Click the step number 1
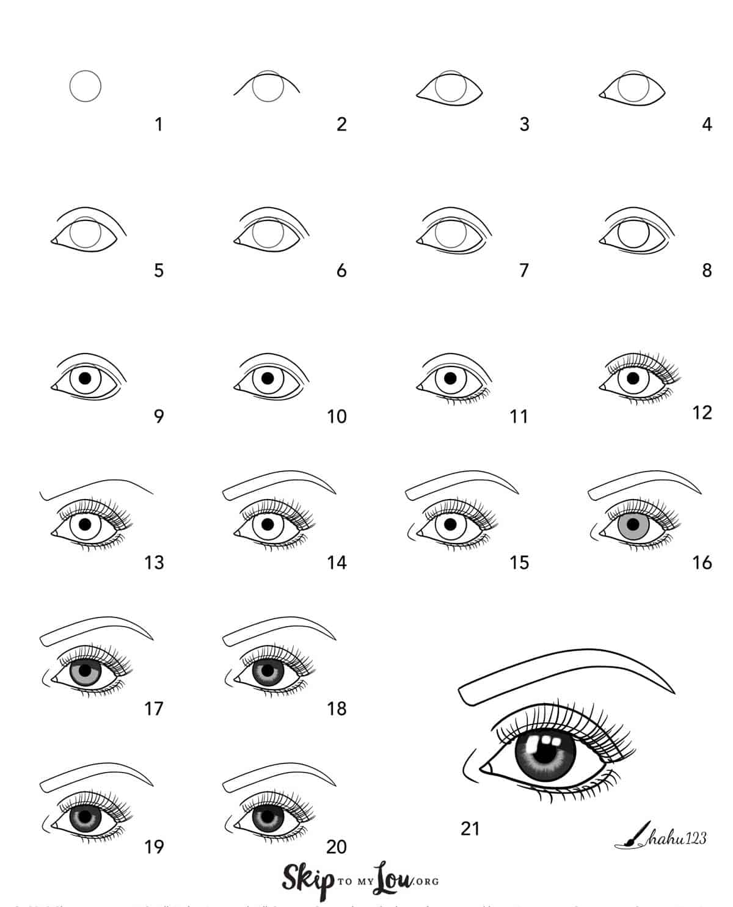pos(159,125)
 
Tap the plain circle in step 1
pos(86,86)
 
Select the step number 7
pos(524,271)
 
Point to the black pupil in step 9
pos(86,379)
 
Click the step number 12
pos(702,413)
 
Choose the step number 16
pos(702,563)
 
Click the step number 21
pos(470,829)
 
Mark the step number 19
pos(154,847)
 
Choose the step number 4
pos(707,125)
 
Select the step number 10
pos(337,417)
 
